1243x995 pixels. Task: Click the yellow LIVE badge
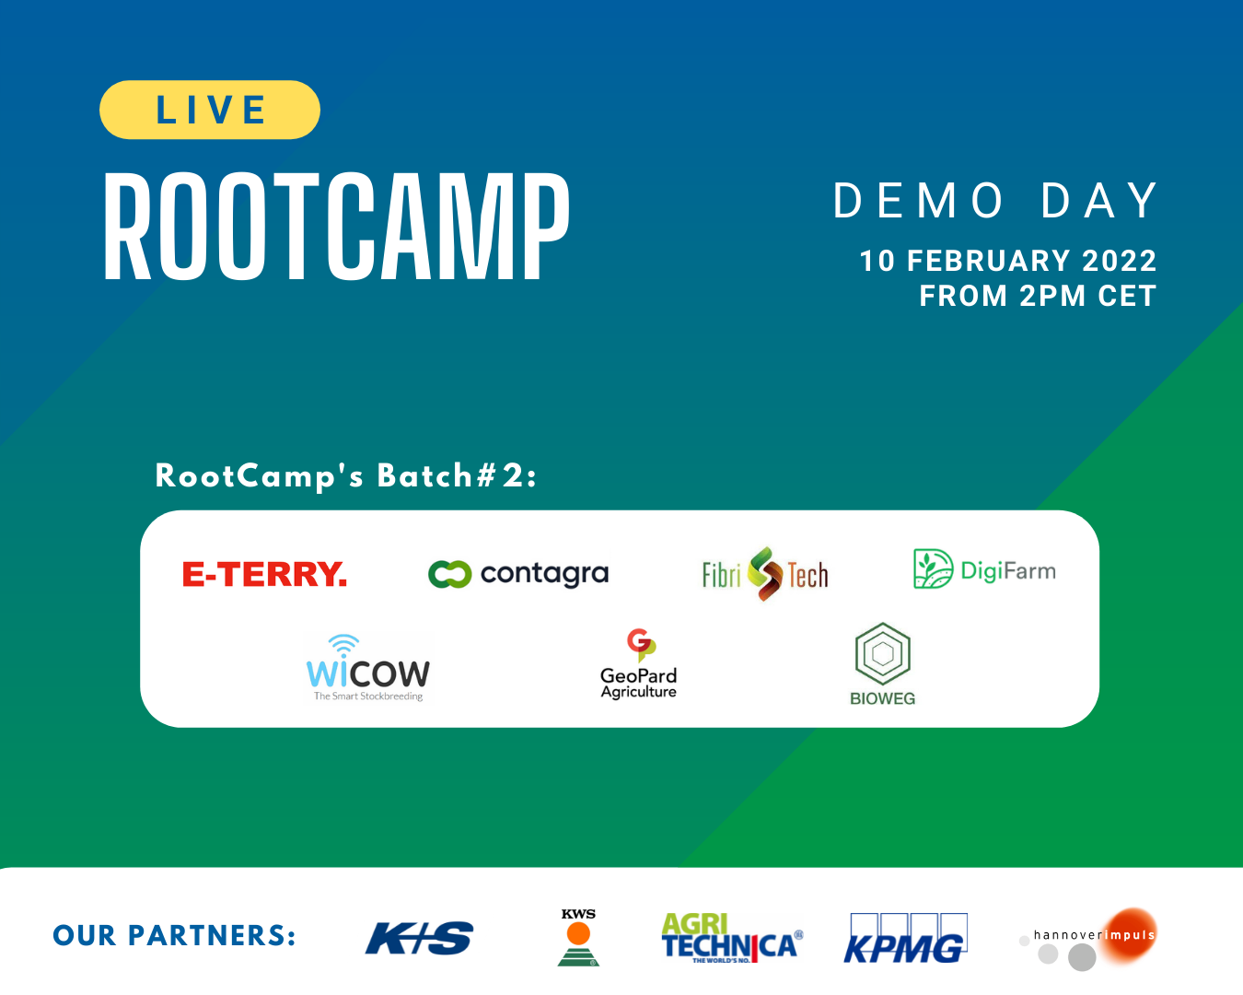coord(210,110)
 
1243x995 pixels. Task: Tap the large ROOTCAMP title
coord(337,227)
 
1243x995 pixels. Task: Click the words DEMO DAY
coord(995,201)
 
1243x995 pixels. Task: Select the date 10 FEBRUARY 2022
coord(1007,261)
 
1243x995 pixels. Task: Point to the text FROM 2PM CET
coord(1038,296)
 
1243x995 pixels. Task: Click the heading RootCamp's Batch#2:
coord(346,476)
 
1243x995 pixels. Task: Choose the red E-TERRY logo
coord(264,574)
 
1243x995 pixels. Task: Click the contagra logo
coord(518,574)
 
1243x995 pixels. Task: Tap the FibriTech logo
coord(765,574)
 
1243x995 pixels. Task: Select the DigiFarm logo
coord(984,569)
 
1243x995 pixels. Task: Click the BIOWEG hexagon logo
coord(882,664)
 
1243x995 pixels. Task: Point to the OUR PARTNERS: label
coord(175,936)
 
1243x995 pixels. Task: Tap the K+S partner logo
coord(419,938)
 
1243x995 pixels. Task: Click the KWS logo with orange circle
coord(578,937)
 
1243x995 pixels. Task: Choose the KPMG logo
coord(905,939)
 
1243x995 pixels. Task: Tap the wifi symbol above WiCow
coord(343,643)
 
